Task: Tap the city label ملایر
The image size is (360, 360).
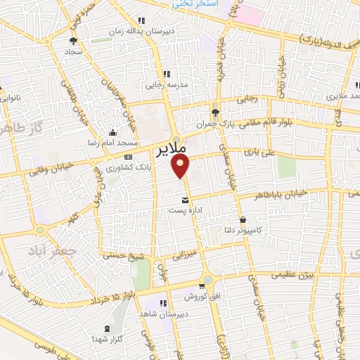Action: click(x=169, y=150)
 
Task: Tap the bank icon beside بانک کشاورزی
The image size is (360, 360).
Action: click(x=128, y=157)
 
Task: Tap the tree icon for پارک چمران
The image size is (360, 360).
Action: click(x=216, y=112)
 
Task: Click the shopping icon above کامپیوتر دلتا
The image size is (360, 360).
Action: click(x=243, y=219)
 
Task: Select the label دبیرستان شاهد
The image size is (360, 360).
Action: click(x=160, y=313)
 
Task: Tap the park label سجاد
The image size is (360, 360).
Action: click(x=75, y=51)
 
